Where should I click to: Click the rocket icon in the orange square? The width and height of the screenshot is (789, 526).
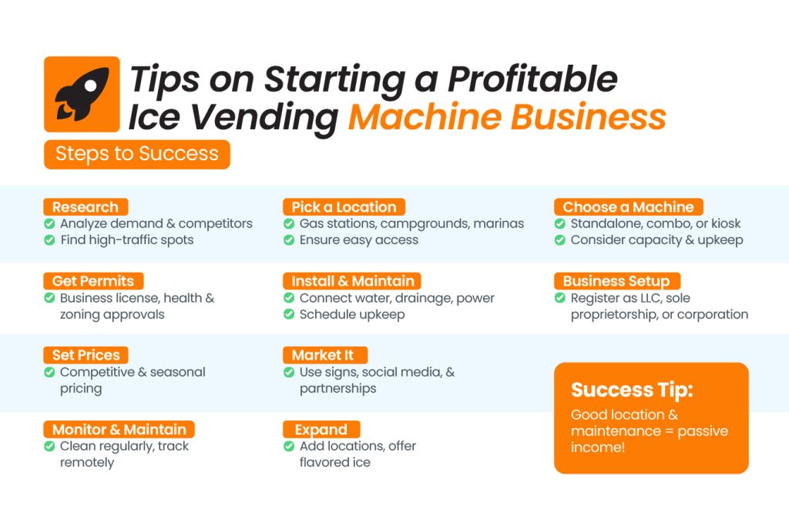click(x=82, y=94)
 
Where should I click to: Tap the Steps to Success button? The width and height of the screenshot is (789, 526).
click(x=137, y=154)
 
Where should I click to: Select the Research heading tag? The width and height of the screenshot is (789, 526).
click(x=86, y=206)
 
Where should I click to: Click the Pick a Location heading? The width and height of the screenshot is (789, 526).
click(x=344, y=206)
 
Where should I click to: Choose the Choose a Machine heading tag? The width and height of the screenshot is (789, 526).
click(x=629, y=206)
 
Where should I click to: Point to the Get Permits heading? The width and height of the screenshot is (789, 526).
click(x=93, y=280)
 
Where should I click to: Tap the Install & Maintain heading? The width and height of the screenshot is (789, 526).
click(x=352, y=280)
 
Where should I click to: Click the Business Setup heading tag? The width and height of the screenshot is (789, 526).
click(x=617, y=280)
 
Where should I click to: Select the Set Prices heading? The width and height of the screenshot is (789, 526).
click(x=86, y=355)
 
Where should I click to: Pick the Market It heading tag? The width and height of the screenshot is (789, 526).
click(x=325, y=355)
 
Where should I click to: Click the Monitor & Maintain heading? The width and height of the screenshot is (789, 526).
click(x=119, y=429)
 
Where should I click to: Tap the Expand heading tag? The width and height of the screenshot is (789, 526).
click(x=321, y=429)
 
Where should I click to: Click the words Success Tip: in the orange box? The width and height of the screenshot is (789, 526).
click(x=632, y=390)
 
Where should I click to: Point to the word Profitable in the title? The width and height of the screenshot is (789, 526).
click(x=532, y=79)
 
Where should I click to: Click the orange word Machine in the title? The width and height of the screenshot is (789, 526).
click(x=425, y=116)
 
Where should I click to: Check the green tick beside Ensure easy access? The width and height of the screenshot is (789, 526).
click(x=289, y=240)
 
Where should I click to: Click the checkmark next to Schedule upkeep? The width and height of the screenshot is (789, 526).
click(x=289, y=314)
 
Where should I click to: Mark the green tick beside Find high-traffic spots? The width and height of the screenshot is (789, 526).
click(x=49, y=240)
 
